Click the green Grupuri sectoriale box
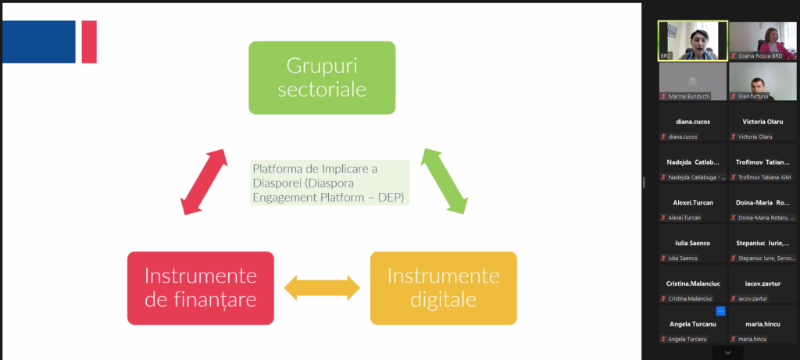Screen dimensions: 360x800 (322, 77)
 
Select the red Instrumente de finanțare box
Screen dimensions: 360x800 (201, 287)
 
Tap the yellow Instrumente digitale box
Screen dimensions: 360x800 (443, 287)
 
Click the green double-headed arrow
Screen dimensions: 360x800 (445, 180)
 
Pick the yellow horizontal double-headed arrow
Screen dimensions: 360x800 (322, 288)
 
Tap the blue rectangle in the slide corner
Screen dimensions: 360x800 (39, 42)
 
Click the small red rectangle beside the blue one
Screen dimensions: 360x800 (89, 42)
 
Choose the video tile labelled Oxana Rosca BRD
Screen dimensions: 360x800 (763, 41)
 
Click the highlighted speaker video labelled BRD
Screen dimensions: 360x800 (692, 41)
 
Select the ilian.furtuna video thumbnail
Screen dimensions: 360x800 (763, 81)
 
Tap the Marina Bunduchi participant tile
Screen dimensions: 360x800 (692, 81)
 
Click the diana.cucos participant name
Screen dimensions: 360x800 (692, 122)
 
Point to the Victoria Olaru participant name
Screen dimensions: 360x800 (763, 122)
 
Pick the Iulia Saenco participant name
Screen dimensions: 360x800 (692, 243)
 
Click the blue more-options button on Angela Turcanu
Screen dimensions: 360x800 (720, 311)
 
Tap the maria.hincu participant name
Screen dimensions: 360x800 (763, 323)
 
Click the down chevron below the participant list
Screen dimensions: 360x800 (728, 353)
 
